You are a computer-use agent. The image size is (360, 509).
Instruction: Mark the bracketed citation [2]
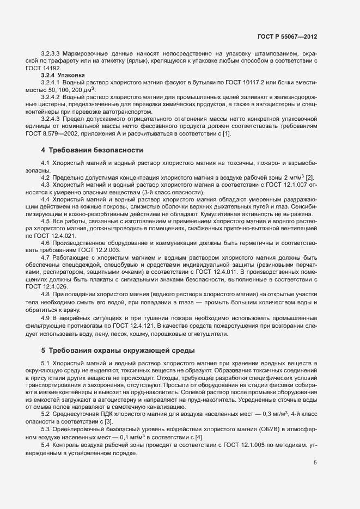tap(309, 177)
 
